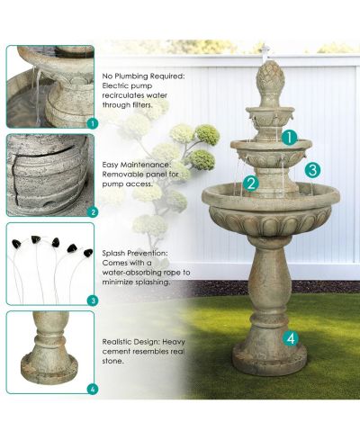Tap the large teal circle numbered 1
289,138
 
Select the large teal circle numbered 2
251,183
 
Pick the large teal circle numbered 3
312,170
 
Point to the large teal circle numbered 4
291,338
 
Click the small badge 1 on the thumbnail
93,123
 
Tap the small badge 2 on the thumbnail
93,212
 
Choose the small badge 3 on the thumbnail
93,301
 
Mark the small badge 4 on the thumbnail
93,390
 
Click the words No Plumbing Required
143,76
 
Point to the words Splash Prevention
135,253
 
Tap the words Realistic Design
130,342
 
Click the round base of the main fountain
270,359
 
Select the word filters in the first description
142,105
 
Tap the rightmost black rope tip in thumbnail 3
88,253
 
